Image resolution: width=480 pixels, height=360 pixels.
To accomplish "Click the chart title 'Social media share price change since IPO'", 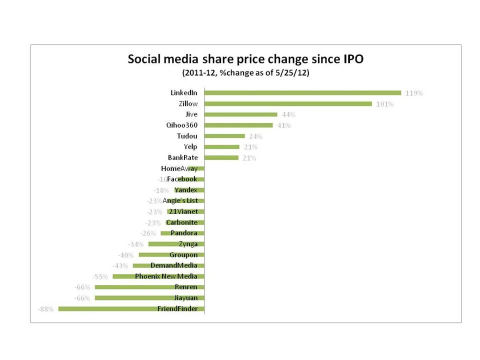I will tap(245, 59).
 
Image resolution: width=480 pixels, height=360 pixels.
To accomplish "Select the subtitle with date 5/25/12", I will tap(245, 72).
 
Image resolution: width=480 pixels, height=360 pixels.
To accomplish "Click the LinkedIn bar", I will tap(303, 92).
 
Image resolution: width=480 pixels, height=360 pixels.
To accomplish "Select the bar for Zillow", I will tap(288, 103).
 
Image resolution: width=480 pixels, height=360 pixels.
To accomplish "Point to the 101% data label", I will tap(384, 104).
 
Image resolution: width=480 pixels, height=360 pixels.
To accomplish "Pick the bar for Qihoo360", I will tap(239, 125).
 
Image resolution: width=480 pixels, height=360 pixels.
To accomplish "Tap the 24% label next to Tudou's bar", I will tap(255, 136).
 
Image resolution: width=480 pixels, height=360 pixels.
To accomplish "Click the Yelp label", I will tap(190, 146).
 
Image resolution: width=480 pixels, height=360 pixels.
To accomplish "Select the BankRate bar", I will tap(221, 157).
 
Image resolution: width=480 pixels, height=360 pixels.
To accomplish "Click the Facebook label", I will tap(182, 179).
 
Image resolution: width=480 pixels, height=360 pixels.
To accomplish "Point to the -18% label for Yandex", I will tap(161, 190).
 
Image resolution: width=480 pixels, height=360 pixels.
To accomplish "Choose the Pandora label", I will tap(184, 233).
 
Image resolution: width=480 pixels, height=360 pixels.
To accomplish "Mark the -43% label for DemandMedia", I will tap(120, 266).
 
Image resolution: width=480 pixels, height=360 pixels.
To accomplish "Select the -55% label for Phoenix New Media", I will tap(100, 276).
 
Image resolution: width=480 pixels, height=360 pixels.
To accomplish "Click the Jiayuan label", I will tap(185, 297).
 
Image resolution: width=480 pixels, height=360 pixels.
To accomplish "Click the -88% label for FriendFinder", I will tap(46, 309).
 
